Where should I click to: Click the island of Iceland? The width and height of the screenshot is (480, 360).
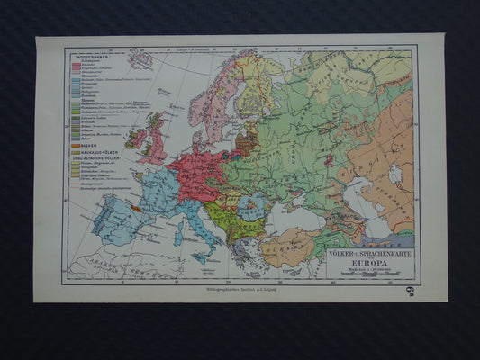140,61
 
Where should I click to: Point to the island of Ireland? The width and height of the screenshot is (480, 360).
136,139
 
